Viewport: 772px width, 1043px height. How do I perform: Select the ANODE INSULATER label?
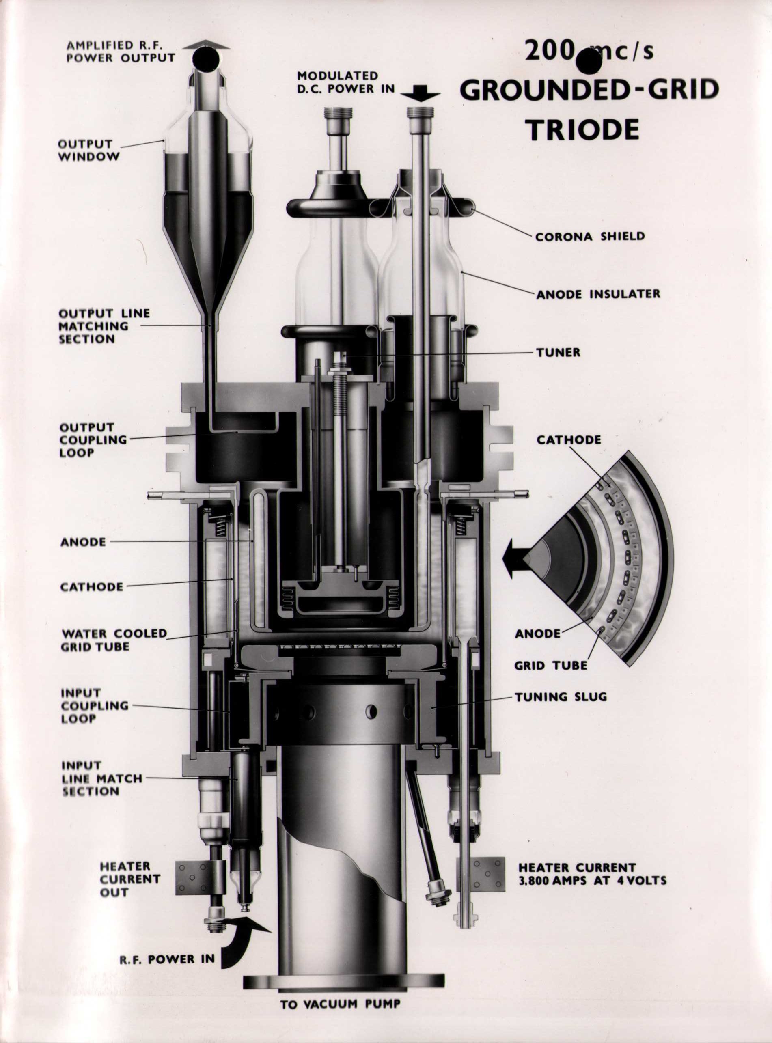[598, 294]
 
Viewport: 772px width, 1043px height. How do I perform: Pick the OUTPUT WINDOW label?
[88, 150]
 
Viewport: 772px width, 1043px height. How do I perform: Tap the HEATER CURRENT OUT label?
[130, 879]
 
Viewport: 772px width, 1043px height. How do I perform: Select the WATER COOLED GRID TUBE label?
[114, 640]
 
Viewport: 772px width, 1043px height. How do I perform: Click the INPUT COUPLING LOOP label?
[94, 705]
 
